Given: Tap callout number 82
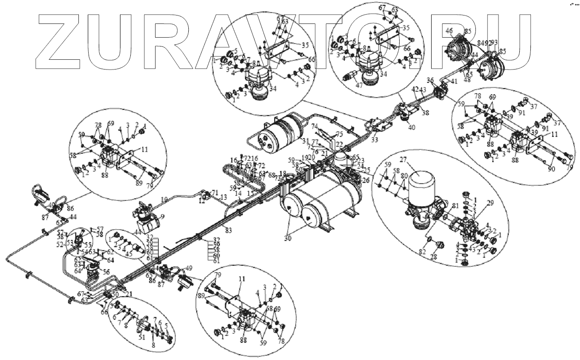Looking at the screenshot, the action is point(422,252).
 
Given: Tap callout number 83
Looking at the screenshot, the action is point(228,230).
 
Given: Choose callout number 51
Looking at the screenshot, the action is point(142,337).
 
